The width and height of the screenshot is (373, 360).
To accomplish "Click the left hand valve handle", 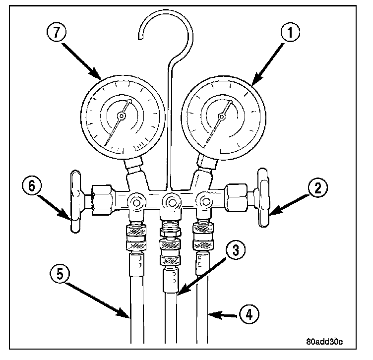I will click(75, 202).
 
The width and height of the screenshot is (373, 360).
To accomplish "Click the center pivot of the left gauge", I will click(121, 116).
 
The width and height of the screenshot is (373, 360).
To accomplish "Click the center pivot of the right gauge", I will click(222, 117).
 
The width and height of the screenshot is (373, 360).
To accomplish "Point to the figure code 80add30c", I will click(325, 342).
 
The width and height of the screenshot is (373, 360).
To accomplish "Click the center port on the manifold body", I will click(172, 202).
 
